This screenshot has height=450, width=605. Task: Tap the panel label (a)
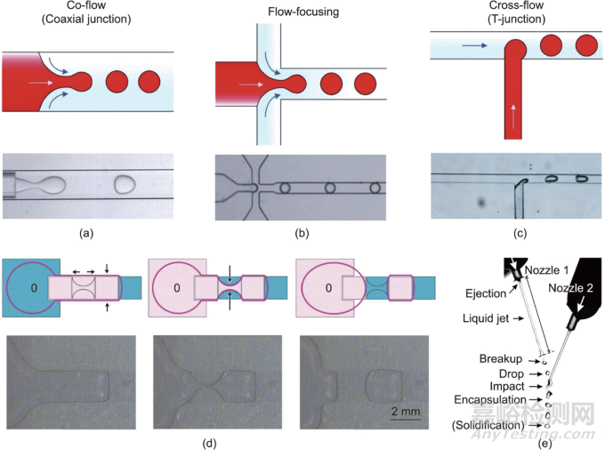point(85,233)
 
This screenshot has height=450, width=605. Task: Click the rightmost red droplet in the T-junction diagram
point(585,44)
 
